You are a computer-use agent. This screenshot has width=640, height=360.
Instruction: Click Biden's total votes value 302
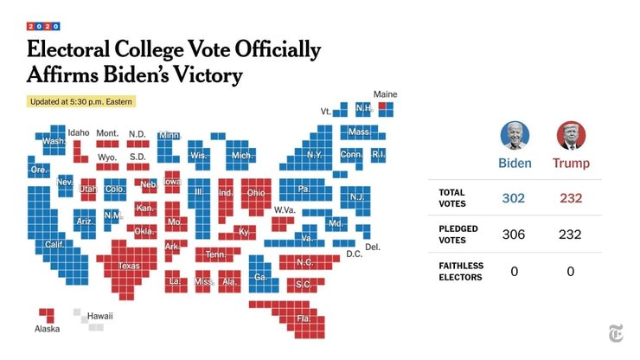point(514,198)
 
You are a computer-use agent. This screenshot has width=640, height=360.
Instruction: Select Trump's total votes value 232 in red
point(570,198)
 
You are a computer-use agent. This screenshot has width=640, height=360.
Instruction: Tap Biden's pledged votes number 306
point(514,234)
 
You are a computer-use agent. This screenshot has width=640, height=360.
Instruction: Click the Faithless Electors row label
point(459,272)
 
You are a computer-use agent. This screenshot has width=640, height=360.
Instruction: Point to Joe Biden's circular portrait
point(515,136)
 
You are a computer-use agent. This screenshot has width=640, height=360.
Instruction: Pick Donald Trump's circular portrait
point(571,136)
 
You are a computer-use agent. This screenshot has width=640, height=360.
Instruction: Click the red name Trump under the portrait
point(571,163)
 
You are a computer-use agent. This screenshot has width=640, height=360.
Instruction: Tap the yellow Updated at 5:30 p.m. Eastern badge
point(81,101)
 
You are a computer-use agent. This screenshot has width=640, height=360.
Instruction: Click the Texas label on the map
point(129,266)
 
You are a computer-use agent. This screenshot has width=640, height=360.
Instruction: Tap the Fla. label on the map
point(304,318)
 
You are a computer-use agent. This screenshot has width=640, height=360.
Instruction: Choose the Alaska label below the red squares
point(47,329)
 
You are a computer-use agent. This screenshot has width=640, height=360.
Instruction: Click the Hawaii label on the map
point(100,316)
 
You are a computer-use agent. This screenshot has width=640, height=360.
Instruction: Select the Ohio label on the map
point(257,192)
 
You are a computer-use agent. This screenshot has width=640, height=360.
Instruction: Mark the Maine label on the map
point(386,93)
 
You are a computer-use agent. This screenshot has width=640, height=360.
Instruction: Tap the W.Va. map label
point(286,209)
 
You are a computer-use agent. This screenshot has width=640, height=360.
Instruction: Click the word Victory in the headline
point(206,74)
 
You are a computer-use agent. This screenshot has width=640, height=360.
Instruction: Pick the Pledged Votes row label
point(452,234)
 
